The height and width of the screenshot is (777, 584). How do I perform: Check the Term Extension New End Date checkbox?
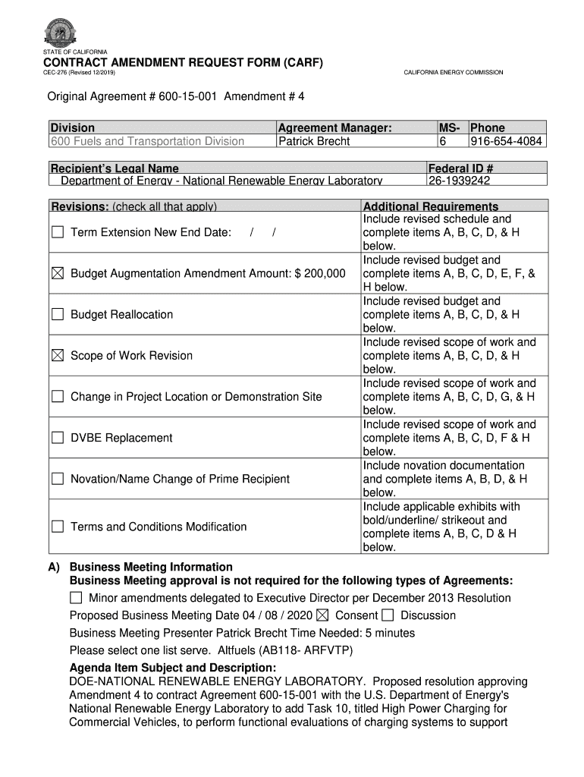[x=58, y=232]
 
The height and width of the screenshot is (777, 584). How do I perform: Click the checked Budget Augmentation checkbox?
[x=58, y=273]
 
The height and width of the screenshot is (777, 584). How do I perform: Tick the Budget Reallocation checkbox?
[x=58, y=314]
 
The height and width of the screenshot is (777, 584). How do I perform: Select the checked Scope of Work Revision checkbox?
[x=58, y=355]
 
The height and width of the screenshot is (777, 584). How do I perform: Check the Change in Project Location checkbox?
[x=58, y=396]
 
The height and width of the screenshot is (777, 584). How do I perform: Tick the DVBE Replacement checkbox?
[x=58, y=438]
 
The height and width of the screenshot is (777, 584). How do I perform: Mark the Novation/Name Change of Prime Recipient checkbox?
[x=58, y=479]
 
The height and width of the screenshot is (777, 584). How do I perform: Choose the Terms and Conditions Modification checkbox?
[x=58, y=527]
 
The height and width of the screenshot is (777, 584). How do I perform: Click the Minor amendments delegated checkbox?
[x=77, y=598]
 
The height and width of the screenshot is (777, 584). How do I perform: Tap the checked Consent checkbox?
[x=323, y=615]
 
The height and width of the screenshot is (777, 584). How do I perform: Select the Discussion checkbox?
[x=388, y=615]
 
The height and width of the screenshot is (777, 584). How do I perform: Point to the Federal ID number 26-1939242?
[x=460, y=181]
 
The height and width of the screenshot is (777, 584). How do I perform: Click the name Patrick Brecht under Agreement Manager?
[x=314, y=141]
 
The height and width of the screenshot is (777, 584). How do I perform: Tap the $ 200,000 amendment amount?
[x=320, y=273]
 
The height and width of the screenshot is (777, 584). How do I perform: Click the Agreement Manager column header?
[x=334, y=127]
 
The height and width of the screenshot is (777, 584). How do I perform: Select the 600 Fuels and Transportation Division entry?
[x=147, y=141]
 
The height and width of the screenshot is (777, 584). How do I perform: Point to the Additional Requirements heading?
[x=431, y=206]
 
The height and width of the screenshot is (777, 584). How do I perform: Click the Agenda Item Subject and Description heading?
[x=173, y=668]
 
